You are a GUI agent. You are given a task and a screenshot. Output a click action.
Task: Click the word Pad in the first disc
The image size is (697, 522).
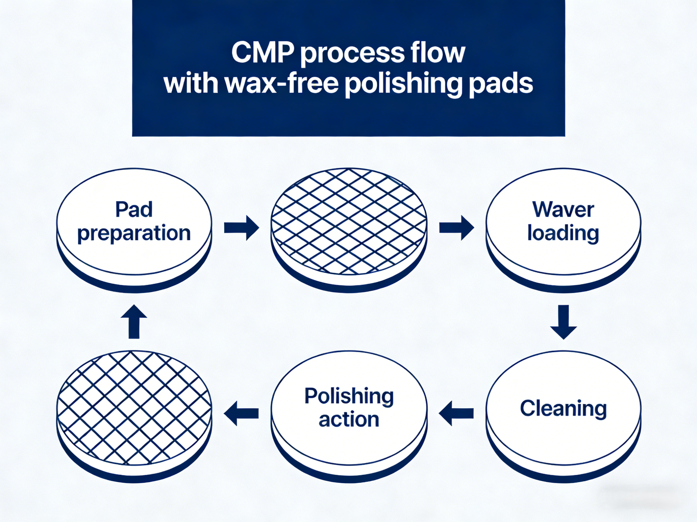click(x=134, y=210)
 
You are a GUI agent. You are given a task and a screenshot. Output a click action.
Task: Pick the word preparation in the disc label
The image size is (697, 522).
click(x=134, y=233)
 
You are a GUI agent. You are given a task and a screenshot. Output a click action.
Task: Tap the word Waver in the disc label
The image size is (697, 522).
click(x=563, y=210)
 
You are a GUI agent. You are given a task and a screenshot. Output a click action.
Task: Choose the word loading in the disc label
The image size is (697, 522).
click(x=563, y=233)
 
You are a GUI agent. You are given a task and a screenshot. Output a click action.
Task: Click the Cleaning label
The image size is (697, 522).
click(x=563, y=408)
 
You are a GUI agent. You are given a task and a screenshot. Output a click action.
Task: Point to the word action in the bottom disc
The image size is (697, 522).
click(x=349, y=420)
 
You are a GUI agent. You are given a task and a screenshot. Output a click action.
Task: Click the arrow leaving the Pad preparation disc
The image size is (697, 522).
click(x=241, y=228)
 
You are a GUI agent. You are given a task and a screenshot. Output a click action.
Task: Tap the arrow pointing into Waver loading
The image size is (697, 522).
click(x=456, y=228)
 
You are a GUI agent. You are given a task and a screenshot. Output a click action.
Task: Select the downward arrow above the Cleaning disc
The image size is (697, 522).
click(x=563, y=322)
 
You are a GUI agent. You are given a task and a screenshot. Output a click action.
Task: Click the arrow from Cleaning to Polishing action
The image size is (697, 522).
click(x=456, y=413)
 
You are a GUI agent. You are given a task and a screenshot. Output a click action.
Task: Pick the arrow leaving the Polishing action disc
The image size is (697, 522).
click(x=241, y=413)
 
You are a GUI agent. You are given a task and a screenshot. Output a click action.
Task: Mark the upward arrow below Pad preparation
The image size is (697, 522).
click(x=134, y=322)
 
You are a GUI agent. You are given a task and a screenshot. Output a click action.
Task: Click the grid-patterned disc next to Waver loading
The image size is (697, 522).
click(x=349, y=226)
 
